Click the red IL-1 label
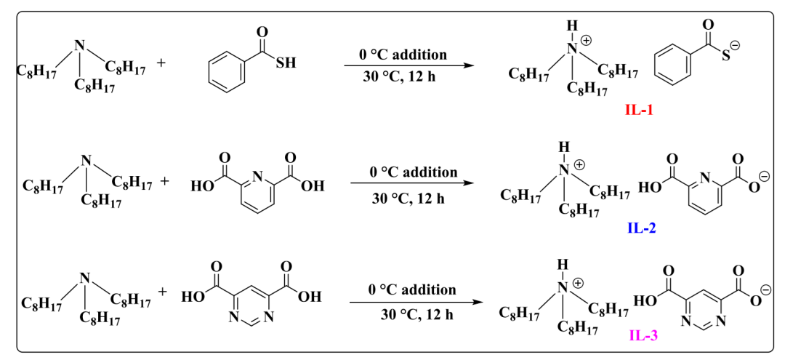tap(642, 111)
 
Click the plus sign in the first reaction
tap(161, 63)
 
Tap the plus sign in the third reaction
tap(162, 292)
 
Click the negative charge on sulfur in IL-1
tap(735, 46)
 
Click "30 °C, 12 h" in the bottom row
tap(412, 314)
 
